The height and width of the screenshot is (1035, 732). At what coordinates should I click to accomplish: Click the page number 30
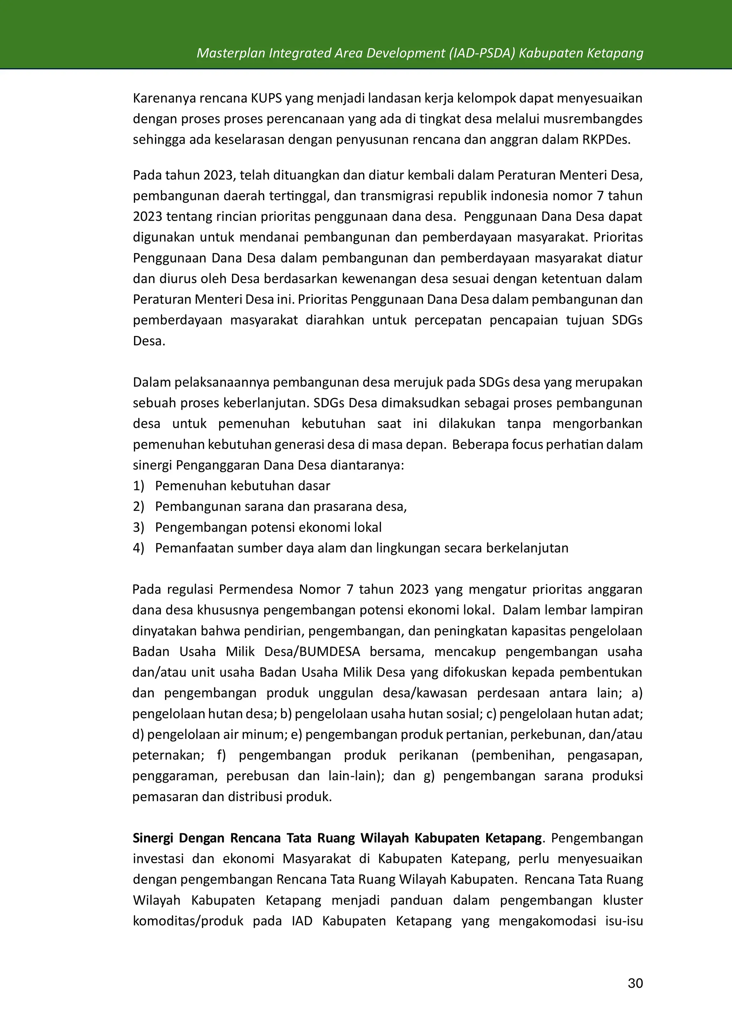pyautogui.click(x=635, y=983)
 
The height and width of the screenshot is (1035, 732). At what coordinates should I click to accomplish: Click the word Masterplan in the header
pyautogui.click(x=231, y=53)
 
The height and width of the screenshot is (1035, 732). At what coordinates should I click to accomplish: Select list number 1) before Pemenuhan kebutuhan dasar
pyautogui.click(x=138, y=486)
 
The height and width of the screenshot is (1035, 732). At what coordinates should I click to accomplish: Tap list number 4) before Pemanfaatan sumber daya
pyautogui.click(x=138, y=548)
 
